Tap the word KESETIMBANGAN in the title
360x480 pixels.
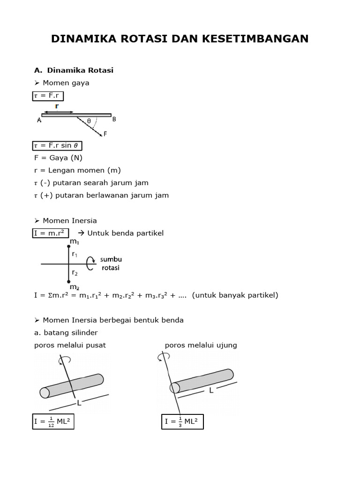click(256, 39)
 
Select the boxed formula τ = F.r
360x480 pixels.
click(48, 96)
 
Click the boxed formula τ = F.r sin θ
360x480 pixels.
click(57, 145)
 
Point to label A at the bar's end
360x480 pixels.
click(39, 120)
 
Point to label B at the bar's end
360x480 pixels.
click(114, 119)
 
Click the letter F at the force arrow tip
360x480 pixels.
click(105, 134)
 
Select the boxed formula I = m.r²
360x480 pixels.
click(50, 233)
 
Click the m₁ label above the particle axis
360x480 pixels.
click(74, 242)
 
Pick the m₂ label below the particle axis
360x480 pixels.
click(74, 287)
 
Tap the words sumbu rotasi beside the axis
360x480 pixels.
click(112, 264)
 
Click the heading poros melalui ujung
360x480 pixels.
click(201, 345)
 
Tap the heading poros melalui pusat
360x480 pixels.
click(70, 345)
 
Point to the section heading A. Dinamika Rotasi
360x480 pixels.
click(74, 70)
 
